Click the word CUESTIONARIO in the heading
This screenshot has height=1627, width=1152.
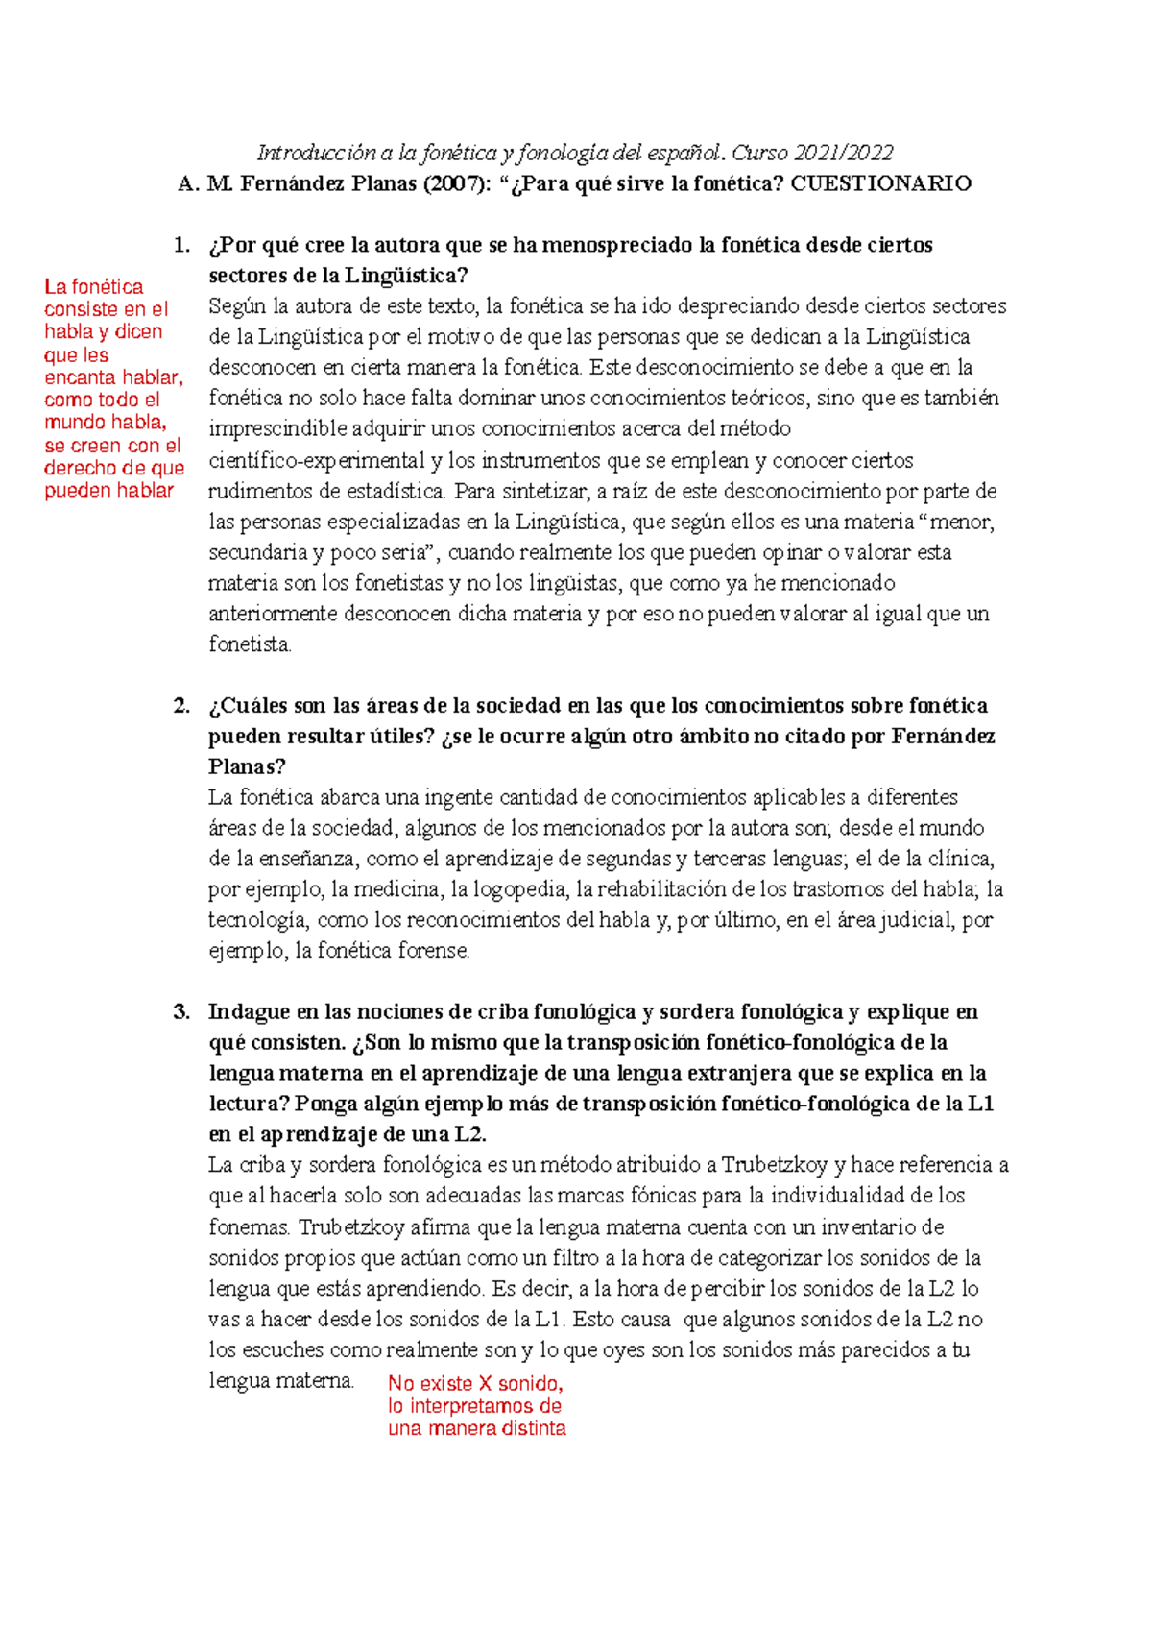pos(880,183)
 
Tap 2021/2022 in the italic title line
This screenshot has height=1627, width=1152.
pos(846,153)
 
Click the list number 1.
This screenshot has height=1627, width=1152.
pos(181,245)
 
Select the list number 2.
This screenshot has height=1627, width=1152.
pos(181,706)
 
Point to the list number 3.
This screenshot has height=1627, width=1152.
pos(181,1011)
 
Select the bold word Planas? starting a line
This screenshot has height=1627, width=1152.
pos(247,766)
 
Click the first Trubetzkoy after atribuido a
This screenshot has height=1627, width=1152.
pos(774,1165)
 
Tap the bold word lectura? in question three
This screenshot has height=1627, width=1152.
pos(249,1104)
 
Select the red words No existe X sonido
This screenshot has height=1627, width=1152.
pos(475,1383)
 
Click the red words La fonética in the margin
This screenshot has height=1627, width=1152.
pos(93,286)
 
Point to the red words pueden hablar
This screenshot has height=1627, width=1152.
pos(108,490)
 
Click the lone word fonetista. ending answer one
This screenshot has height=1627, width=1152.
pos(250,644)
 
